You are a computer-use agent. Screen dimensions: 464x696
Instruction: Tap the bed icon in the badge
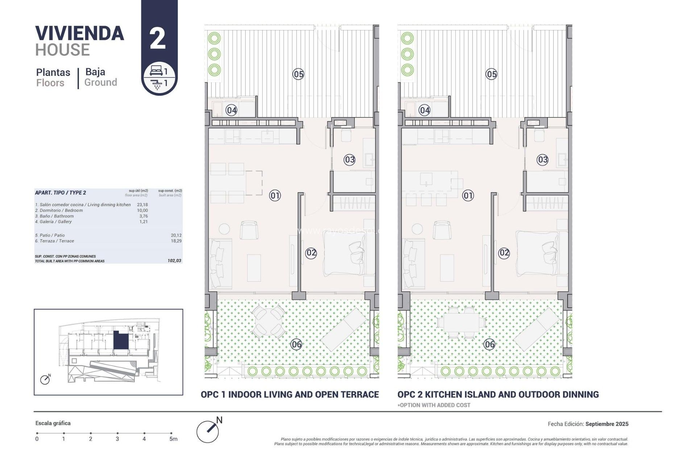coord(156,71)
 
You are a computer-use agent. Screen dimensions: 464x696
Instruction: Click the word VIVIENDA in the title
coord(80,33)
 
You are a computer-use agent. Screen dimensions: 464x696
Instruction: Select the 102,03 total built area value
coord(174,261)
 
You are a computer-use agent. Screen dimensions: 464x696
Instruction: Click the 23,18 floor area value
coord(142,205)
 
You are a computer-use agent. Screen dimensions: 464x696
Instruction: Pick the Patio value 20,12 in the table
coord(176,235)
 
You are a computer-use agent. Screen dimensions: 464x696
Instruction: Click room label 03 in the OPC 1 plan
coord(349,159)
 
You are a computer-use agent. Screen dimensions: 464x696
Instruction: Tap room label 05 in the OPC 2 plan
coord(491,74)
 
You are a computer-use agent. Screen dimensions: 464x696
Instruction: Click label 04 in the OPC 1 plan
coord(231,110)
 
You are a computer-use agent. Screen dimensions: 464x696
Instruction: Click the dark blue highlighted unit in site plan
coord(121,340)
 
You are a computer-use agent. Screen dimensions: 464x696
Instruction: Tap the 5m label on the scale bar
coord(173,439)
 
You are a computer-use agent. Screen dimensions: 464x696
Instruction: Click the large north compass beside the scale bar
coord(208,431)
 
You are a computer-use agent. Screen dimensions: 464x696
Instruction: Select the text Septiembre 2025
coord(606,424)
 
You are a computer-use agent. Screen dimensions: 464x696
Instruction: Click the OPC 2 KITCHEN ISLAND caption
coord(498,394)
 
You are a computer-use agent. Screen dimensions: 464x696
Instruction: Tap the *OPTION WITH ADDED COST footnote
coord(434,405)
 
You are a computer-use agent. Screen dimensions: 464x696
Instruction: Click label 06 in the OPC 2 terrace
coord(489,344)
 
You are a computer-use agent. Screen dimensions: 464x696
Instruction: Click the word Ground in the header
coord(100,83)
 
